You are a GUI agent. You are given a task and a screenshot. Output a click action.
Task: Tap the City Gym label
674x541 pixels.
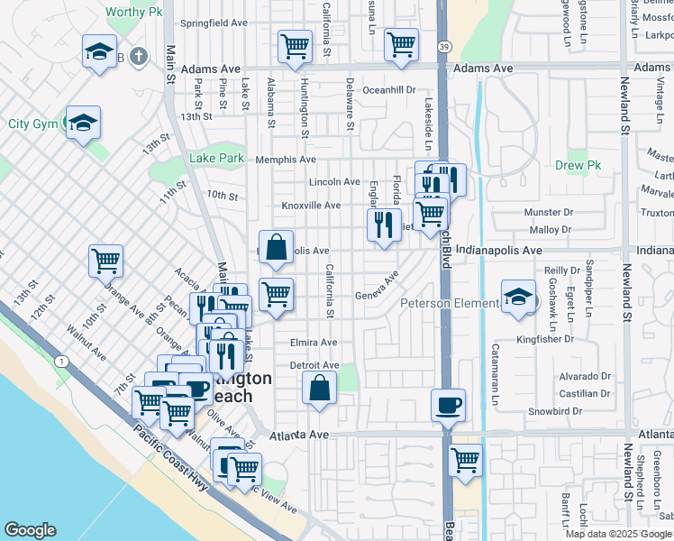[32, 124]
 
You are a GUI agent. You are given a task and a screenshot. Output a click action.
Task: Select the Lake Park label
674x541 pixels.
[216, 159]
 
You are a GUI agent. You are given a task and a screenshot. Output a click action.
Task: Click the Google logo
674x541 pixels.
[30, 530]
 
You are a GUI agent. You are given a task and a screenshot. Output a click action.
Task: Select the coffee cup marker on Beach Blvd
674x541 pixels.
[448, 404]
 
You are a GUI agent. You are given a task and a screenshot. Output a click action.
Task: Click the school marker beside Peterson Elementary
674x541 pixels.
[518, 297]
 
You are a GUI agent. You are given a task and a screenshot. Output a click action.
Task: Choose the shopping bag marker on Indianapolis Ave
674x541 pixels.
[277, 246]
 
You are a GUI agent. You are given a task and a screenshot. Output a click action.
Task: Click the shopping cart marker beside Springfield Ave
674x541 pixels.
[295, 46]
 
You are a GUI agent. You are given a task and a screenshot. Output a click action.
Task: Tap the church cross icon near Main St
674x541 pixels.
[137, 57]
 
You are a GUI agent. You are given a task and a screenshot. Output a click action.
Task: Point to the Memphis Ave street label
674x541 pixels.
[286, 160]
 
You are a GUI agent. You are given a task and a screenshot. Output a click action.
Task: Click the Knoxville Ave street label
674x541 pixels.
[311, 206]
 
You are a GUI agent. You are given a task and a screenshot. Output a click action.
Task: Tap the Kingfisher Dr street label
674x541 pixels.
[545, 340]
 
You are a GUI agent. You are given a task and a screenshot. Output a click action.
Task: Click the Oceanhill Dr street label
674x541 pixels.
[389, 90]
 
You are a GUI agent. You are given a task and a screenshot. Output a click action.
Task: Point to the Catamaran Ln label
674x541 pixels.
[495, 371]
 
